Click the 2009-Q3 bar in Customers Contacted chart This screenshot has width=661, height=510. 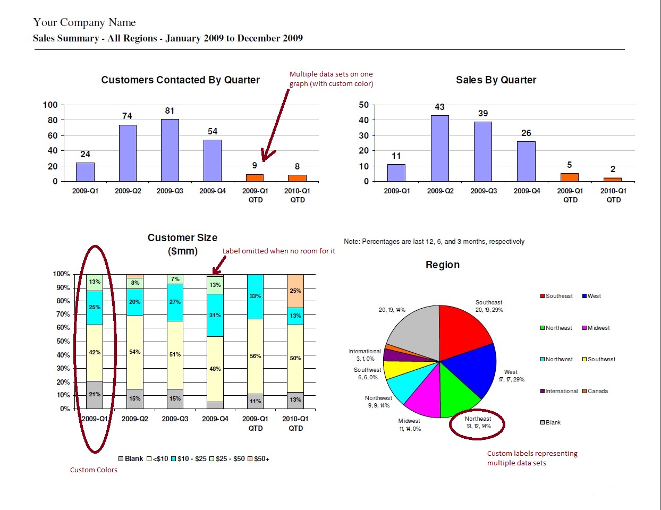coord(170,150)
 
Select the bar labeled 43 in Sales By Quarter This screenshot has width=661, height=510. coord(439,148)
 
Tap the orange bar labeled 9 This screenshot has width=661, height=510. coord(255,177)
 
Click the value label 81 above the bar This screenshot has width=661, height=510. coord(170,110)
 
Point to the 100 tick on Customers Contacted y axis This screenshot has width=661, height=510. coord(50,105)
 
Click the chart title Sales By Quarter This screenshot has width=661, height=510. coord(496,80)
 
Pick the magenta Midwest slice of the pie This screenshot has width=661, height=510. coord(425,396)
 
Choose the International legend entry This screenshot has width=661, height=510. coord(561,391)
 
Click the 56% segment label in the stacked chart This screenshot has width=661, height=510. coord(256,356)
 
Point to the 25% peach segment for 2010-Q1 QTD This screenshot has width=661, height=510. coord(295,291)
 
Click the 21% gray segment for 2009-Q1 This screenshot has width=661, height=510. coord(95,394)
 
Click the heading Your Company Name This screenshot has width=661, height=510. coord(84,22)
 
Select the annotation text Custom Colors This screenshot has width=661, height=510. coord(94,470)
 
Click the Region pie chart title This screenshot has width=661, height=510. coord(442,265)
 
